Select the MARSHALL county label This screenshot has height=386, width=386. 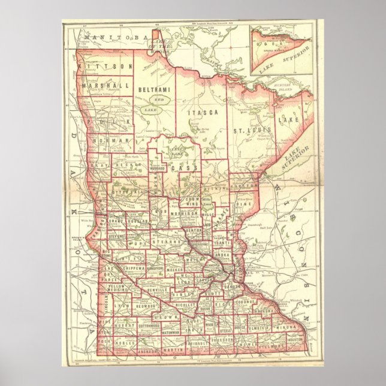tap(108, 86)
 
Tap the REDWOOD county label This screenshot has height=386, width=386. tap(145, 306)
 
